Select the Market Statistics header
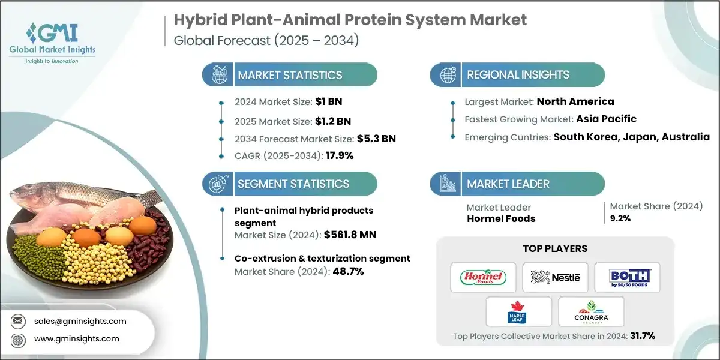click(290, 75)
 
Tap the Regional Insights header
click(518, 75)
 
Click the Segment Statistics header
click(293, 184)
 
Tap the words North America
click(575, 101)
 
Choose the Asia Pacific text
click(597, 119)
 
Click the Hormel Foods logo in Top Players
click(483, 277)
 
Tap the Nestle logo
click(555, 277)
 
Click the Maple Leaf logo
click(518, 312)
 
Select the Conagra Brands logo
click(590, 312)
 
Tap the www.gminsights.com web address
click(76, 339)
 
